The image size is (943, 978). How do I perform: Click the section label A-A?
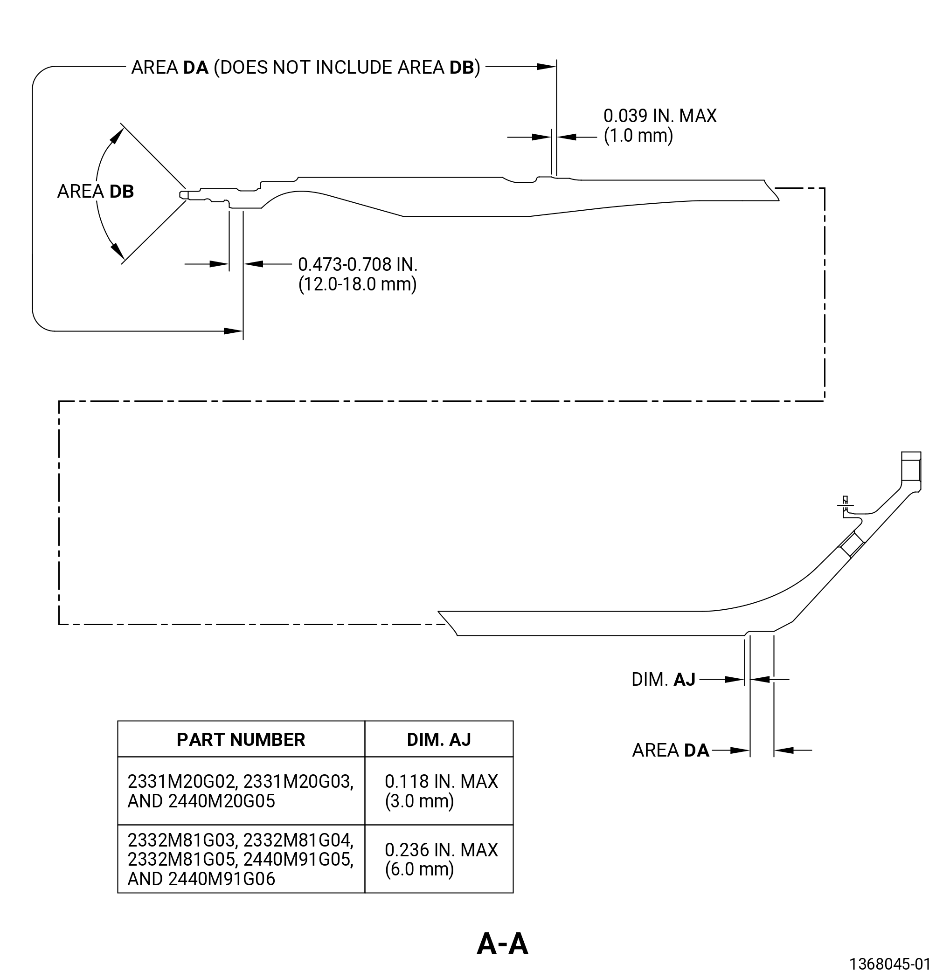point(502,944)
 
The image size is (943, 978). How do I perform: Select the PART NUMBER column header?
point(241,739)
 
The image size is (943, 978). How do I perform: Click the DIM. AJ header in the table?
point(439,739)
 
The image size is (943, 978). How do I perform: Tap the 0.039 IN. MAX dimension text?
point(660,116)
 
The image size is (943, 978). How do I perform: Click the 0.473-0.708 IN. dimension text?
point(357,264)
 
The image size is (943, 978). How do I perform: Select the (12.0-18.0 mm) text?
point(357,284)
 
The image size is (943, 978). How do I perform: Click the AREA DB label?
point(95,192)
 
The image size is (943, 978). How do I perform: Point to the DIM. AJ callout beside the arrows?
point(663,680)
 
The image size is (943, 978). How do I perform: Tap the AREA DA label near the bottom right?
point(671,751)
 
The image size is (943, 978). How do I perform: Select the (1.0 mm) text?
point(638,136)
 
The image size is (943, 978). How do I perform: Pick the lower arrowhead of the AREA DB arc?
point(118,251)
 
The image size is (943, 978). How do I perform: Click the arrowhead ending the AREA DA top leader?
point(546,66)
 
